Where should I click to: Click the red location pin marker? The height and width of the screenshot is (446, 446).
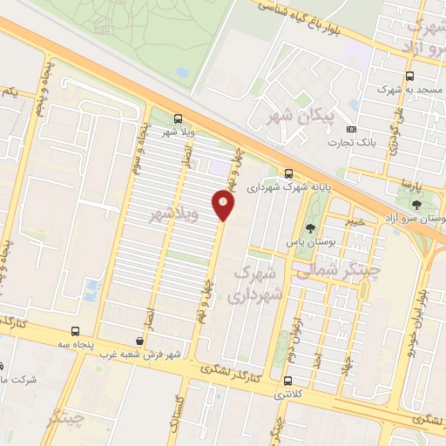224,206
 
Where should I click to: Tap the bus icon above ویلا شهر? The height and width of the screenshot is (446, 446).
179,118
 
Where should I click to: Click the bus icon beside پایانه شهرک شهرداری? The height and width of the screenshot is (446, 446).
289,173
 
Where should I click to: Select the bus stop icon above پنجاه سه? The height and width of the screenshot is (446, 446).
76,331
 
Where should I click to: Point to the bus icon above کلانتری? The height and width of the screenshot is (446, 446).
287,381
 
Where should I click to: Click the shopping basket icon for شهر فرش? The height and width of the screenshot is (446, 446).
140,341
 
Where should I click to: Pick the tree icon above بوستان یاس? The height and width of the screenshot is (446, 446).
310,228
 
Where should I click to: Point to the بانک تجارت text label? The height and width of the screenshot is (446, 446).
352,143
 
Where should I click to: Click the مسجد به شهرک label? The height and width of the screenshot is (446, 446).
406,89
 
